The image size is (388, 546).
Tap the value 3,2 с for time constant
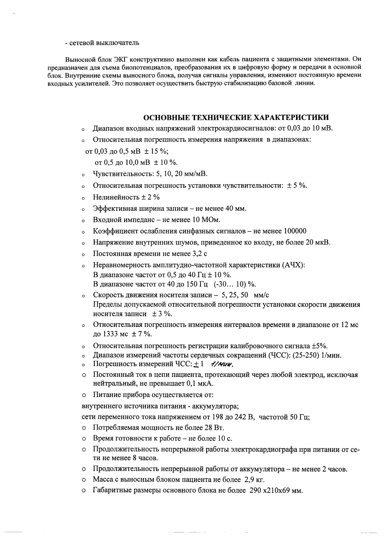coord(200,254)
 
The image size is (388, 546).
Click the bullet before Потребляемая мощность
coord(84,428)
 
